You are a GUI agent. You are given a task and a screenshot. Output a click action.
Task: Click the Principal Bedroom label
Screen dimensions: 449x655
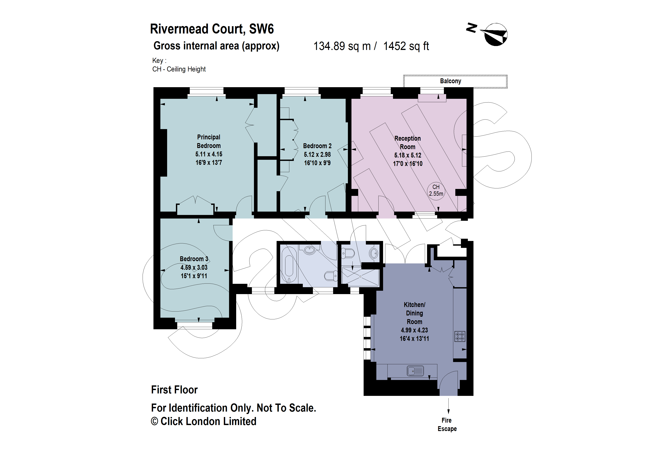coord(208,141)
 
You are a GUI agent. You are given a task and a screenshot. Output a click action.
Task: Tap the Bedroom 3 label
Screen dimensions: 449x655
coord(194,259)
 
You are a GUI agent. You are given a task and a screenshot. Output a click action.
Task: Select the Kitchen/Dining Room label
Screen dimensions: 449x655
coord(414,313)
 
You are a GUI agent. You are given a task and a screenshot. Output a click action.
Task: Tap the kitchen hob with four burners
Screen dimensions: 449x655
coord(459,336)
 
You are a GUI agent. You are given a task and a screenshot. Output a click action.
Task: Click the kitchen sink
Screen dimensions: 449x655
coord(415,371)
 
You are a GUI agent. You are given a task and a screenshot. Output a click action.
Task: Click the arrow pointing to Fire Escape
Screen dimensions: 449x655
coord(448,406)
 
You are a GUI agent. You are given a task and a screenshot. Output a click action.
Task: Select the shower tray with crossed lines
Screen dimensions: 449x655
coord(360,277)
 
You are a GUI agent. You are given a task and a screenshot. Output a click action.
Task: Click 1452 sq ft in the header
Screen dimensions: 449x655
coord(406,46)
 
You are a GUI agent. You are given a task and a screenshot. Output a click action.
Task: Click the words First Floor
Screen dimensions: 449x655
coord(174,390)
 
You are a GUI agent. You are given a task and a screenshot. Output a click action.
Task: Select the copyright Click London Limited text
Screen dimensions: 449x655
coord(203,421)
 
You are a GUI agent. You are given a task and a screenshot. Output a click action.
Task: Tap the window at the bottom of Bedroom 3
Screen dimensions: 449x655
coord(194,326)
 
